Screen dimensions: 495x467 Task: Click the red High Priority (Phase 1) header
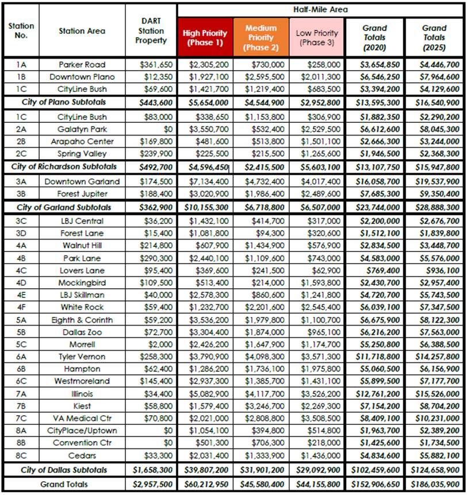pyautogui.click(x=205, y=37)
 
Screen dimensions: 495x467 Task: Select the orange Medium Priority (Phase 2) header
pyautogui.click(x=261, y=37)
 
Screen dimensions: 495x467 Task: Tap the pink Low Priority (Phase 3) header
pyautogui.click(x=317, y=37)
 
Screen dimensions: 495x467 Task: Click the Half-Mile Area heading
pyautogui.click(x=321, y=9)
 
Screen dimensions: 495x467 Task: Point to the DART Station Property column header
pyautogui.click(x=151, y=31)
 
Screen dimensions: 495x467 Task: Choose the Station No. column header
pyautogui.click(x=21, y=31)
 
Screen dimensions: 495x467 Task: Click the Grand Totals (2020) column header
pyautogui.click(x=374, y=37)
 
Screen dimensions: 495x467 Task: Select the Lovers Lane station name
pyautogui.click(x=82, y=270)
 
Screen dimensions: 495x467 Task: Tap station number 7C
pyautogui.click(x=21, y=418)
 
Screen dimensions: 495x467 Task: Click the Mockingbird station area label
pyautogui.click(x=82, y=283)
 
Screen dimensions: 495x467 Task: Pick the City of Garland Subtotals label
pyautogui.click(x=64, y=207)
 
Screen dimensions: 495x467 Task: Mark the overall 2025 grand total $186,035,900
pyautogui.click(x=434, y=484)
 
